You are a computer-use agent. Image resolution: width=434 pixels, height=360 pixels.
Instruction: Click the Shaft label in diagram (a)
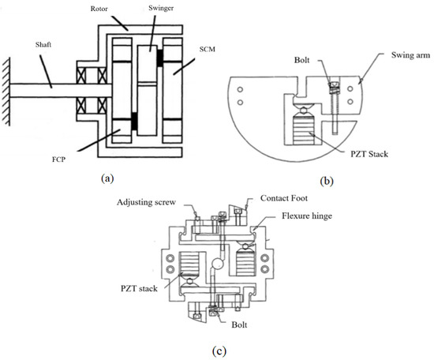(x=43, y=44)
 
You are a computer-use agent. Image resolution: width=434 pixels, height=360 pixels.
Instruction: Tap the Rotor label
(x=99, y=9)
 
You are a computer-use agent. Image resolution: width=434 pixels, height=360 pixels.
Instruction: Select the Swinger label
(x=161, y=8)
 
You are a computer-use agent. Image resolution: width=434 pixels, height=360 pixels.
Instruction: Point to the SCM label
(x=208, y=49)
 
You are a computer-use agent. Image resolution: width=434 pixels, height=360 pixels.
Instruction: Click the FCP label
(x=58, y=159)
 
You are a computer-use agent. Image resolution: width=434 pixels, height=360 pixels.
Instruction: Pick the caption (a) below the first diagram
(x=107, y=178)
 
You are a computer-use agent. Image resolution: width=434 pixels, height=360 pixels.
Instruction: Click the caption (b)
(x=327, y=181)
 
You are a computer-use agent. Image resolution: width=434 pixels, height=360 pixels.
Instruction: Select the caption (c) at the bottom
(x=219, y=351)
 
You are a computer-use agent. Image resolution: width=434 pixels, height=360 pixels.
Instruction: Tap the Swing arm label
(x=411, y=55)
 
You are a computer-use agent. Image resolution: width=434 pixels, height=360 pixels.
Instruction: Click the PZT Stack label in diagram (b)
(x=369, y=154)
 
